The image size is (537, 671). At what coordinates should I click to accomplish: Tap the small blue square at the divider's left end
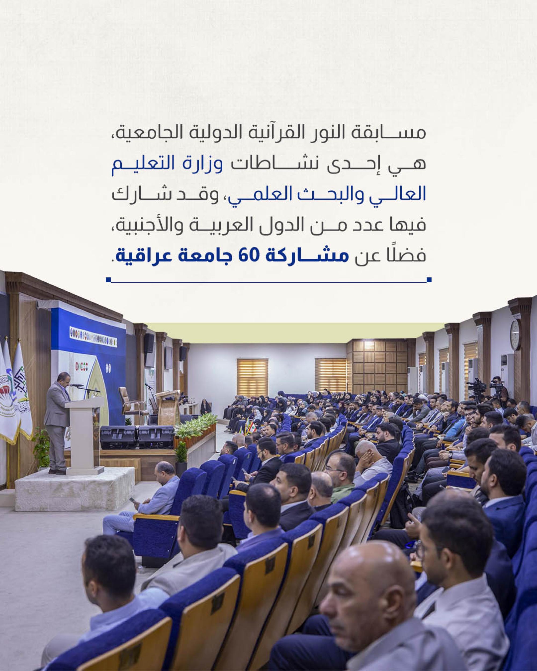tap(108, 279)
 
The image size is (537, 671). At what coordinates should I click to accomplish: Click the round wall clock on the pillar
tap(515, 335)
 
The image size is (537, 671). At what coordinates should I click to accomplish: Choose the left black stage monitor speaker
tap(119, 437)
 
